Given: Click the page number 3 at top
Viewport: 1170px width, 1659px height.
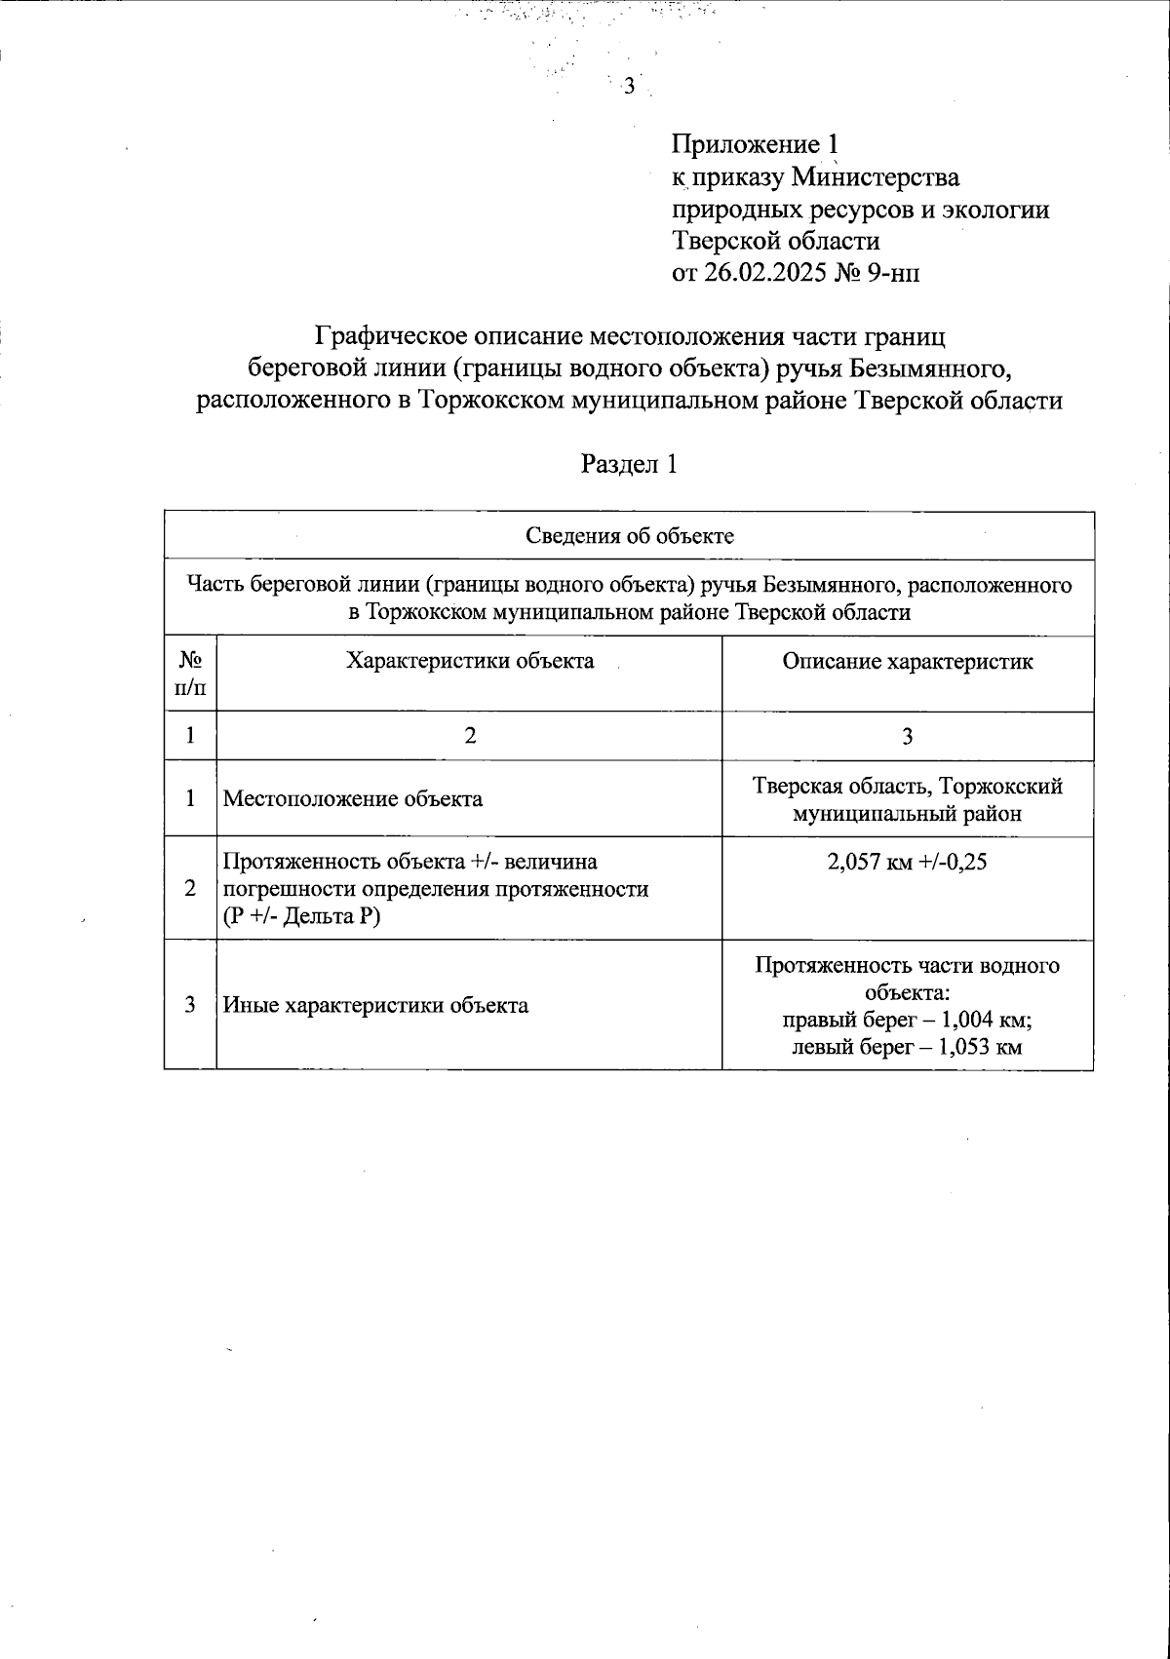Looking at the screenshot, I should (629, 87).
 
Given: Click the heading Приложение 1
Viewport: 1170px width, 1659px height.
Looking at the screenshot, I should (755, 145).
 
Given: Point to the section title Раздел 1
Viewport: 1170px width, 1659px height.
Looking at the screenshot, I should (629, 465).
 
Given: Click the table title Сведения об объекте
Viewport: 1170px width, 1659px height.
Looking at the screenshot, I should (629, 535).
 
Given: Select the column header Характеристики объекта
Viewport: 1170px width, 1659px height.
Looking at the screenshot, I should (470, 661).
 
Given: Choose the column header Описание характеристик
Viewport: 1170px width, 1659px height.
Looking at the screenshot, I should (907, 662).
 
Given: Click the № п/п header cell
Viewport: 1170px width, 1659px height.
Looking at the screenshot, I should (190, 674).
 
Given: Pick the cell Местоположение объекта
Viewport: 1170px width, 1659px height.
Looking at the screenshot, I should (353, 799).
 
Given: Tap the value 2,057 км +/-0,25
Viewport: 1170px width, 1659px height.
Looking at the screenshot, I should (907, 862).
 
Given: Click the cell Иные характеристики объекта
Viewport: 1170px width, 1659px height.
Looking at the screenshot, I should (376, 1005).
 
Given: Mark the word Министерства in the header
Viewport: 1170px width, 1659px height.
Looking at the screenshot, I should (875, 177).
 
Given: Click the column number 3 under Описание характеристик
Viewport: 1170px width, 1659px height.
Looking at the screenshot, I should (907, 736).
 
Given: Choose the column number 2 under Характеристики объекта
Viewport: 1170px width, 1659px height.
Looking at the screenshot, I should (470, 736).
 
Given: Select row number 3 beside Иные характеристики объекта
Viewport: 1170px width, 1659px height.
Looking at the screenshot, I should (190, 1005).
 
